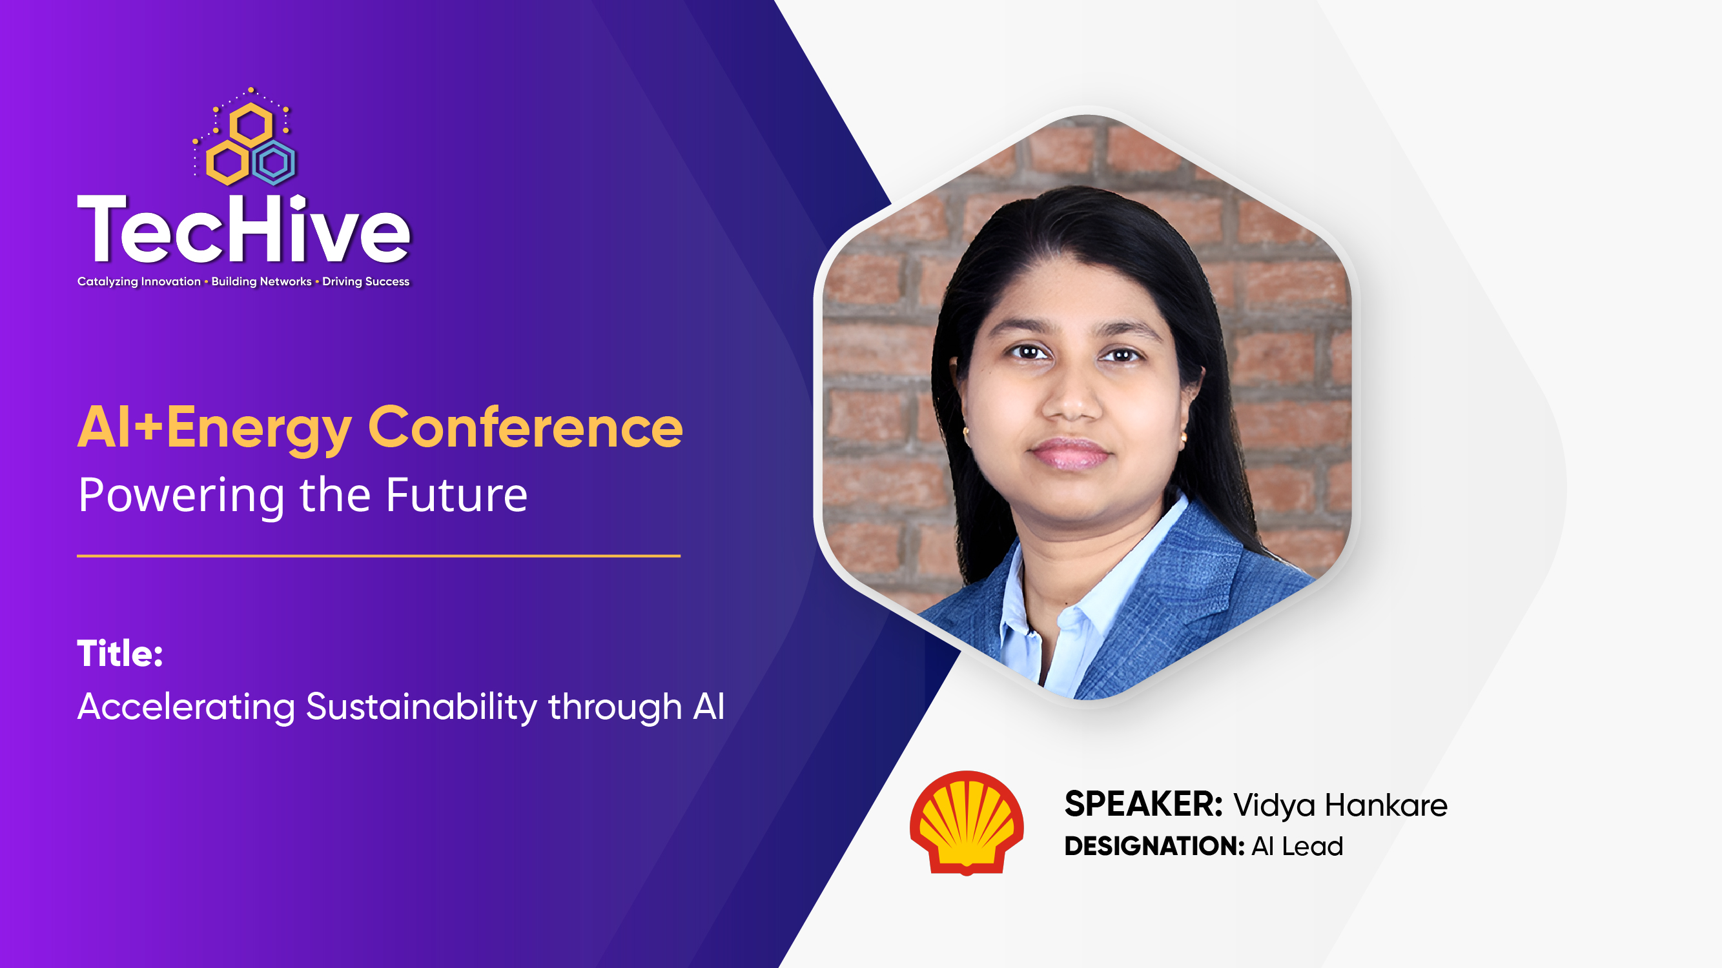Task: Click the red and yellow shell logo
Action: pyautogui.click(x=967, y=822)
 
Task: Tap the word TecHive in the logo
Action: pyautogui.click(x=243, y=229)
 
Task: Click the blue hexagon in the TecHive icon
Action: pyautogui.click(x=274, y=163)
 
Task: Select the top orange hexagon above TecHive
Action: pyautogui.click(x=251, y=125)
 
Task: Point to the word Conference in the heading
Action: pyautogui.click(x=526, y=428)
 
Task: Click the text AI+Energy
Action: pyautogui.click(x=214, y=428)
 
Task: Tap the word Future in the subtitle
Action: pyautogui.click(x=456, y=495)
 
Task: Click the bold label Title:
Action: pyautogui.click(x=120, y=653)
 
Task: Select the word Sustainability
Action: pyautogui.click(x=421, y=707)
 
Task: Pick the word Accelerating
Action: pyautogui.click(x=186, y=707)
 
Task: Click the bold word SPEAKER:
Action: pyautogui.click(x=1143, y=804)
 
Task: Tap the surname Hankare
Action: pyautogui.click(x=1386, y=805)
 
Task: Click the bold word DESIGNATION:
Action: pyautogui.click(x=1154, y=847)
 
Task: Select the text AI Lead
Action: pyautogui.click(x=1297, y=847)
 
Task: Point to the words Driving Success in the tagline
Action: pyautogui.click(x=365, y=281)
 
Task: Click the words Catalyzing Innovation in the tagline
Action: pyautogui.click(x=139, y=281)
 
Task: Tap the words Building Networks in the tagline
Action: pyautogui.click(x=261, y=281)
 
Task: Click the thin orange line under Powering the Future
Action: pyautogui.click(x=378, y=556)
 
